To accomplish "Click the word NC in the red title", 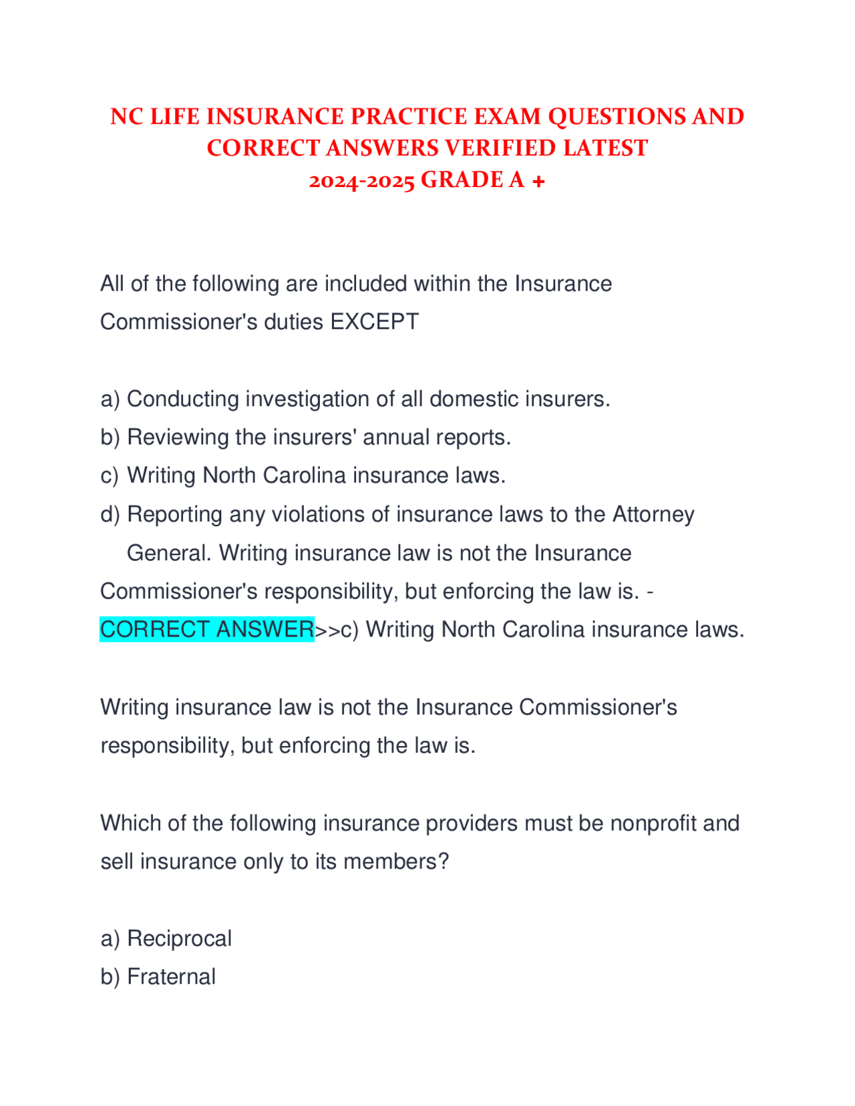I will [126, 117].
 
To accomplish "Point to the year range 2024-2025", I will [361, 180].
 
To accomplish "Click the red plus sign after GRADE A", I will [538, 181].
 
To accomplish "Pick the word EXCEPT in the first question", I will [375, 322].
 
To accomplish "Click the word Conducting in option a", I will [183, 399].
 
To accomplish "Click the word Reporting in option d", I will [175, 515].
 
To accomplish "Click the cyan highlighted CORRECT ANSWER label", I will [207, 630].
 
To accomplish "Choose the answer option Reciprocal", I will [179, 939].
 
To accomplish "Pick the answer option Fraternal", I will [171, 977].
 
